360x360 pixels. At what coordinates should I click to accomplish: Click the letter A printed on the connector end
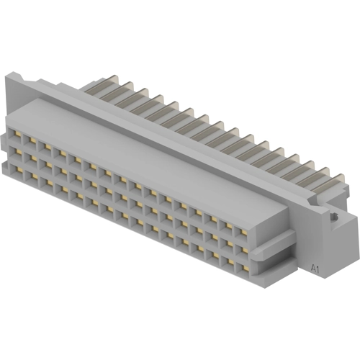click(x=313, y=268)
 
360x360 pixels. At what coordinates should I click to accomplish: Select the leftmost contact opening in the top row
click(x=15, y=134)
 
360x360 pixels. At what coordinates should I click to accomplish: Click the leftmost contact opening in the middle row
click(x=15, y=152)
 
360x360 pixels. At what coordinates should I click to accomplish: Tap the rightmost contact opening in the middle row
click(x=243, y=251)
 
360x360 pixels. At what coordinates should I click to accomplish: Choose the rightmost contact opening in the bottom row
click(x=243, y=268)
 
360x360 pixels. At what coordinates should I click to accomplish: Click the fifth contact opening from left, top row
click(x=76, y=161)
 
